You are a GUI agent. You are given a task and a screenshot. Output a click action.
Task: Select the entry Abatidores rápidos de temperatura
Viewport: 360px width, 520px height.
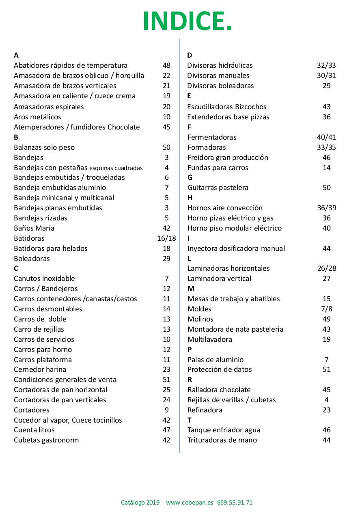(x=71, y=65)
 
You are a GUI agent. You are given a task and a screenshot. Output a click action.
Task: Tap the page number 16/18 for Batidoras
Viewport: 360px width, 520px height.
(x=166, y=238)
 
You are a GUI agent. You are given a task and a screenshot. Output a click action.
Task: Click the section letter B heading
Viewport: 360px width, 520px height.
(x=16, y=137)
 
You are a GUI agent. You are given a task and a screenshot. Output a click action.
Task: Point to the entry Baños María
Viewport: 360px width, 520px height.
(x=34, y=228)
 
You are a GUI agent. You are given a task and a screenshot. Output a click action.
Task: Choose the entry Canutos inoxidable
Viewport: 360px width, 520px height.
(x=44, y=278)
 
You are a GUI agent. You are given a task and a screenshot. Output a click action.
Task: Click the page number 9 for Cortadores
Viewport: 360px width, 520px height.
(x=166, y=410)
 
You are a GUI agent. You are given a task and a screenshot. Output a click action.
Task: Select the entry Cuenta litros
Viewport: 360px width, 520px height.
(x=34, y=430)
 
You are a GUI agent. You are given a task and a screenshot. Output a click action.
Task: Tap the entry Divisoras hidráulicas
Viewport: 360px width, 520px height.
(x=220, y=65)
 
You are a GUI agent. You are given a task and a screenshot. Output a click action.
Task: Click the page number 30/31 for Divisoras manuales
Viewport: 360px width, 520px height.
(x=326, y=76)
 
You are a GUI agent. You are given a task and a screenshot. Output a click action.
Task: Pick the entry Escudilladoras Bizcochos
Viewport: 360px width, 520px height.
(x=227, y=107)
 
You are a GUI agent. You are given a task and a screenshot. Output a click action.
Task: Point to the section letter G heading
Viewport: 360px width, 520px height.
(x=190, y=177)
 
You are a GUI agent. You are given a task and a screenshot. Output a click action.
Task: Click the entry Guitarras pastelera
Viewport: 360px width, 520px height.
(x=218, y=188)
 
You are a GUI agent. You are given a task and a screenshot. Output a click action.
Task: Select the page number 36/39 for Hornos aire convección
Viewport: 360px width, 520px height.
(x=326, y=208)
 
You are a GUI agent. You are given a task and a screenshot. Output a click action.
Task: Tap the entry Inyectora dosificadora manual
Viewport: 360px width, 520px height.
(x=236, y=248)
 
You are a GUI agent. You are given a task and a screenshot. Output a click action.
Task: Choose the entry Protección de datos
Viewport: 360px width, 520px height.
(x=220, y=369)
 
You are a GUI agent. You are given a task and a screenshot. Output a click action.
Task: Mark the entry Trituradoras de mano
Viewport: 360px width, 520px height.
(x=222, y=440)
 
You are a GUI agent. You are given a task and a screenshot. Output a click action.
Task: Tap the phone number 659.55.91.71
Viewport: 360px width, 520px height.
(x=235, y=503)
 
